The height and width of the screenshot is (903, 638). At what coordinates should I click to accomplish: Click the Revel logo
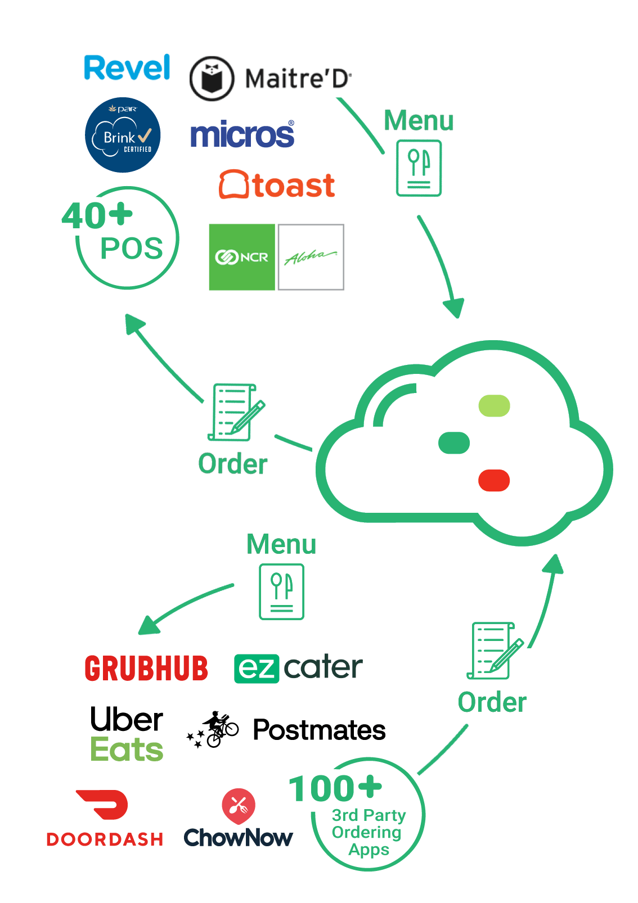[x=127, y=67]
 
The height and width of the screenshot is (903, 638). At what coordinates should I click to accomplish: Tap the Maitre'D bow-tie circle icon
[x=212, y=78]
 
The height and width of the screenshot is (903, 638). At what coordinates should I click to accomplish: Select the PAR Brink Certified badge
[x=123, y=134]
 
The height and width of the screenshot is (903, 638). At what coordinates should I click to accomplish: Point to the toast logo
[x=277, y=184]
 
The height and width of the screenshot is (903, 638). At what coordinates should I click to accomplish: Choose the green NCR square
[x=242, y=257]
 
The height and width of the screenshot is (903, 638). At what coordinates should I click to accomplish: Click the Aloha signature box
[x=311, y=257]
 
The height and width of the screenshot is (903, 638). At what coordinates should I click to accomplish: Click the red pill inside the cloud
[x=494, y=480]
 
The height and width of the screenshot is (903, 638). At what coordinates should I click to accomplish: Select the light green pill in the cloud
[x=494, y=405]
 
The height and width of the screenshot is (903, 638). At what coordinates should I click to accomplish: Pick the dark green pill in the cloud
[x=453, y=443]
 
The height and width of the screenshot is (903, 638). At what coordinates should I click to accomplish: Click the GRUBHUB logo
[x=146, y=668]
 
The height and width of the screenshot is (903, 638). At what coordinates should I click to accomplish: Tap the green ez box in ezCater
[x=257, y=669]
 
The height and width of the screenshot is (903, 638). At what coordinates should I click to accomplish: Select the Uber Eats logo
[x=127, y=733]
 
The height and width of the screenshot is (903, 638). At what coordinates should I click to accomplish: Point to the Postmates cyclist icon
[x=213, y=730]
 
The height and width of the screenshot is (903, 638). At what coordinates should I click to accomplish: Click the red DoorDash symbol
[x=102, y=804]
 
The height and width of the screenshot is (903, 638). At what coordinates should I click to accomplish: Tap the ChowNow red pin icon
[x=239, y=806]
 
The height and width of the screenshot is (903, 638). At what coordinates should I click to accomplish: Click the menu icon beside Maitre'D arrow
[x=419, y=168]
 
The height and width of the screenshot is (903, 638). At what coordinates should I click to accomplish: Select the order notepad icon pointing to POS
[x=236, y=412]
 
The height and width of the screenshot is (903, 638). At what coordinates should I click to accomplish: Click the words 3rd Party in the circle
[x=369, y=815]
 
